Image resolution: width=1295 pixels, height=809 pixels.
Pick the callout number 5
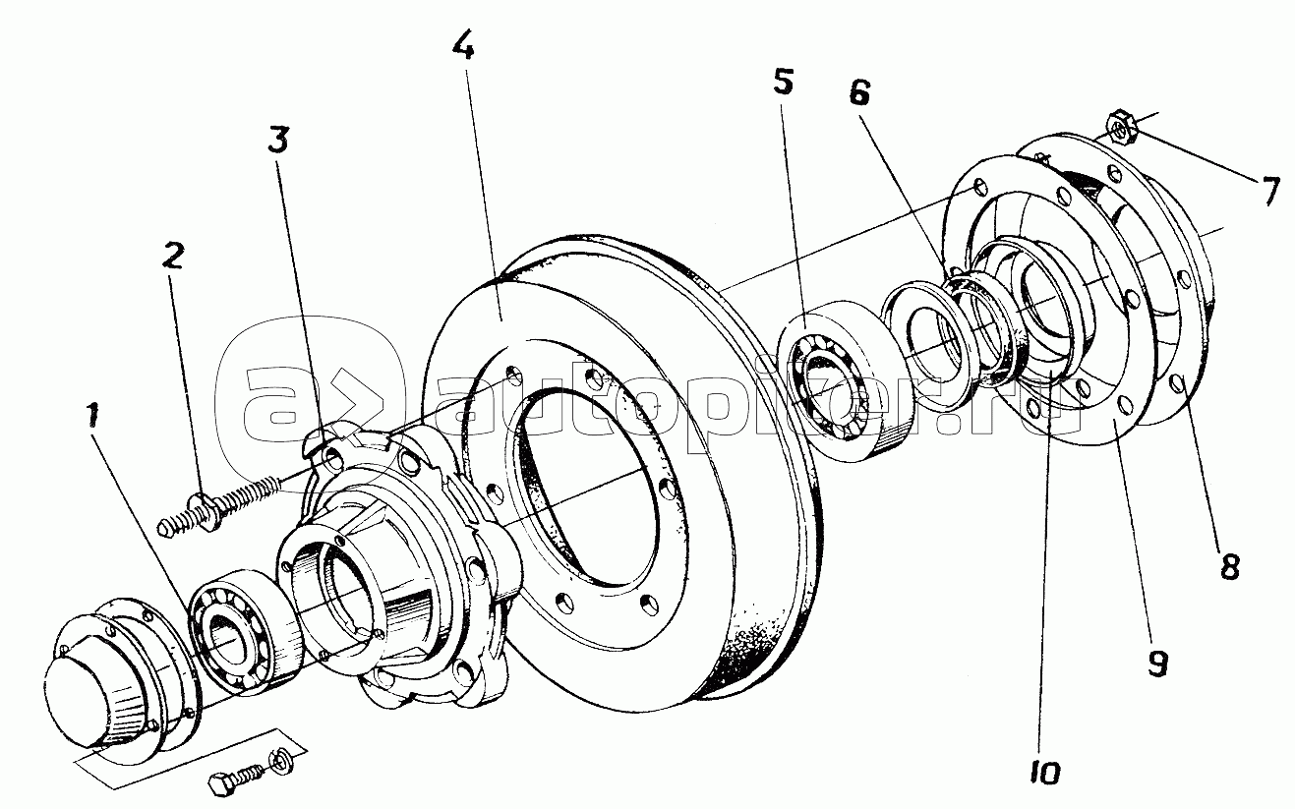pyautogui.click(x=784, y=82)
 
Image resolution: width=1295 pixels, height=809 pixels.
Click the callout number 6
pyautogui.click(x=859, y=92)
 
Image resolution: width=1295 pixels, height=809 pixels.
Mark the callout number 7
pyautogui.click(x=1269, y=192)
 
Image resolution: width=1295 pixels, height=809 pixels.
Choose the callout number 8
pyautogui.click(x=1230, y=567)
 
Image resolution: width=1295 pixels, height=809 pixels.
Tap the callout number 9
pyautogui.click(x=1158, y=664)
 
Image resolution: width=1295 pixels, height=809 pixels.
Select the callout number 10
pyautogui.click(x=1045, y=773)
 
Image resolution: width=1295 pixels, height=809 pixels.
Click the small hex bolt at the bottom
pyautogui.click(x=236, y=775)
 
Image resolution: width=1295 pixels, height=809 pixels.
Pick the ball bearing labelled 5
pyautogui.click(x=844, y=380)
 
